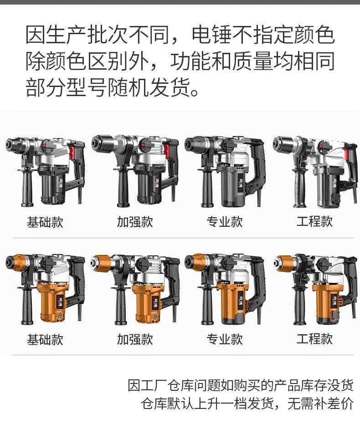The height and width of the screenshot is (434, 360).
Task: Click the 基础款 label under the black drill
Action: coord(45,222)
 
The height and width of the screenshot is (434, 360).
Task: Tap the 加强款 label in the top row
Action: coord(135,222)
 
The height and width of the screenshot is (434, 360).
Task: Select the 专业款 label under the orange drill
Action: coord(225,339)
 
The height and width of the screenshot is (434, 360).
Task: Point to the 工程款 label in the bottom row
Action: coord(314,339)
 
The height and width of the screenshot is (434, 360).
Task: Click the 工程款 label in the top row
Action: coord(314,221)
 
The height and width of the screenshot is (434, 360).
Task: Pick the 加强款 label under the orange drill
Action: coord(135,339)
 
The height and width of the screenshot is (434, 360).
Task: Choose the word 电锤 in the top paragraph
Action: coord(212,35)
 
